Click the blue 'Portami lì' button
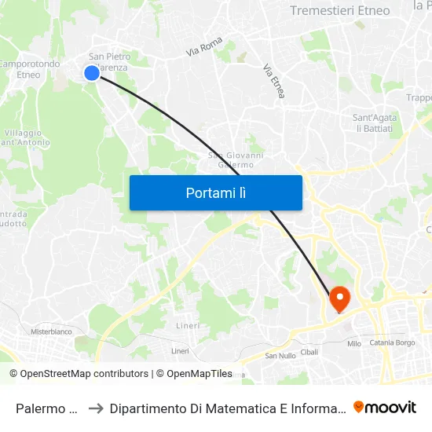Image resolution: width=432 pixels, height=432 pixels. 215,192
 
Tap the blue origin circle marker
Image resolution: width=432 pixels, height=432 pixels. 91,72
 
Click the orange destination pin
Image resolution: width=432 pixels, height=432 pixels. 339,298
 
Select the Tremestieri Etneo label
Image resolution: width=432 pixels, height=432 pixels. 339,10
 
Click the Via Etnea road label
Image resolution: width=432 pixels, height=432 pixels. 274,81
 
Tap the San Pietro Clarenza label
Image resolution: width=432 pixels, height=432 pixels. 108,62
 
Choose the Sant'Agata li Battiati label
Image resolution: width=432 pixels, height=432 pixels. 375,123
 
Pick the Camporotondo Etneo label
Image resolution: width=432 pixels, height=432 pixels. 29,69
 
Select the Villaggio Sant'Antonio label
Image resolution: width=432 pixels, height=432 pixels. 27,137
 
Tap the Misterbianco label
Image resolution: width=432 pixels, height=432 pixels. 51,331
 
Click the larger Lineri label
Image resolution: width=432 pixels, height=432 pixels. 188,325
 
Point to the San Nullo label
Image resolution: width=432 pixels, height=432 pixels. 280,356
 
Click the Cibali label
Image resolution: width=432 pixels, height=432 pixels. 309,351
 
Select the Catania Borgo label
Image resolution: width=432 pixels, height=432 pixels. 393,343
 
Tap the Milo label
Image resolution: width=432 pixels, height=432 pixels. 353,343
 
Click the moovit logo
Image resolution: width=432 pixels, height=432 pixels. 384,407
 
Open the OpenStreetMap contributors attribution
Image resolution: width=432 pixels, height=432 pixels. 79,374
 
